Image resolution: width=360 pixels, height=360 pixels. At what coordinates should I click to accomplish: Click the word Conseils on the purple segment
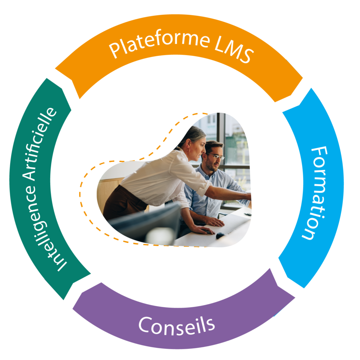coord(176,324)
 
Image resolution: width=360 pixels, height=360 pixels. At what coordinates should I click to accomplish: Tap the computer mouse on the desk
coord(220,235)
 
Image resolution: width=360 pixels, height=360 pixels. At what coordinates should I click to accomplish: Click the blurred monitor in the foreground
coord(148,225)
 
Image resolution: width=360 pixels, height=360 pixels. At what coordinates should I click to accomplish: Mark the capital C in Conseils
coord(146,325)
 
